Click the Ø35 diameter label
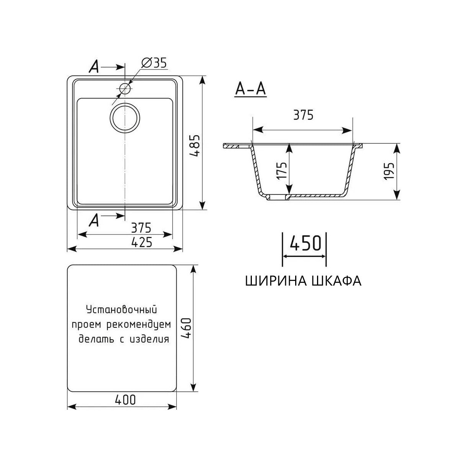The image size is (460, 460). (x=154, y=63)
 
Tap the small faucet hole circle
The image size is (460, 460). (x=125, y=89)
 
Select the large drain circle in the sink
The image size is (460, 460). (x=125, y=118)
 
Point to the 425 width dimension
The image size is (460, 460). (x=141, y=242)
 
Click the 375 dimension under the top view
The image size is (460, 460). (x=141, y=228)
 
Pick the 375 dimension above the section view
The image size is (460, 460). (x=303, y=115)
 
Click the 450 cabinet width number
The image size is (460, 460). (x=305, y=243)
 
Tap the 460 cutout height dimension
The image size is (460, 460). (x=186, y=328)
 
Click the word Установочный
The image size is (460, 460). (x=122, y=309)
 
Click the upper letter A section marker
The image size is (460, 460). (x=94, y=67)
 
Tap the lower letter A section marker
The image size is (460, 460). (x=94, y=220)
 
